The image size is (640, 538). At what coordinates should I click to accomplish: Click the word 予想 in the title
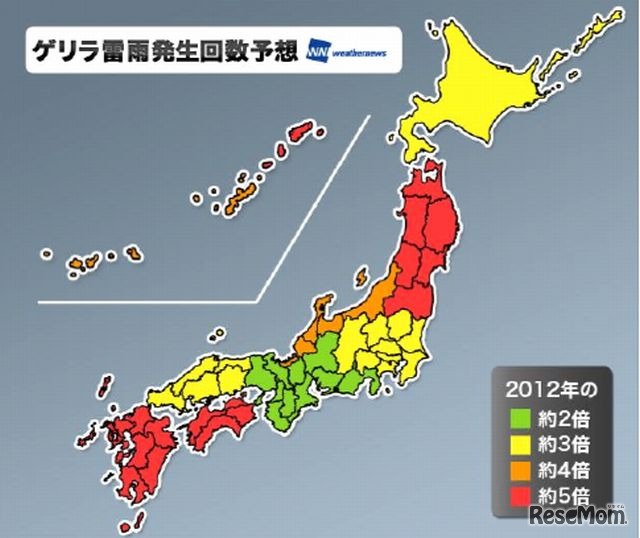(x=275, y=49)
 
